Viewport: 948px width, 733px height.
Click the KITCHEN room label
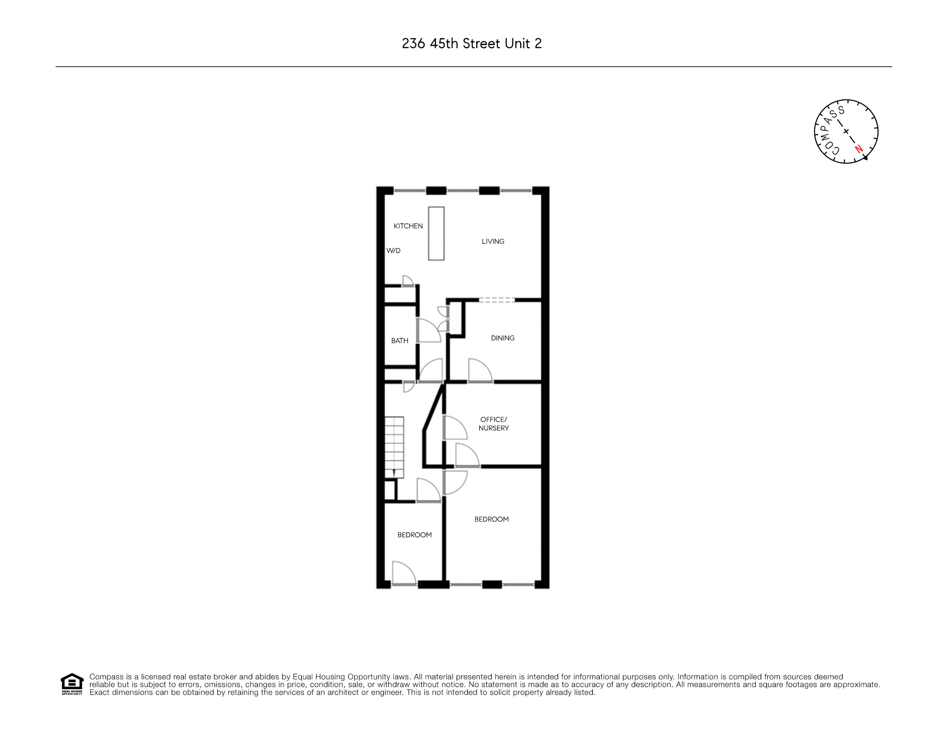click(408, 226)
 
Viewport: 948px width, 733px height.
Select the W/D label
click(393, 251)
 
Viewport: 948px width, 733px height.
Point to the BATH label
click(399, 341)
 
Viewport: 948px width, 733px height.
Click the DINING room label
click(503, 338)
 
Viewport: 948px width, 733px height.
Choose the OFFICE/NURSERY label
click(494, 424)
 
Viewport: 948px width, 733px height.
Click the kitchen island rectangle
click(436, 233)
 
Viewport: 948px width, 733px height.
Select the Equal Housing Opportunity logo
click(72, 684)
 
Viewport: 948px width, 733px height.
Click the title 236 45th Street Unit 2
click(472, 44)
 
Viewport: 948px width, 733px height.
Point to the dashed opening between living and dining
click(497, 299)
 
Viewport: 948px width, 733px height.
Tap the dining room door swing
click(479, 370)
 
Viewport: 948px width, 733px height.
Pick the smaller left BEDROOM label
click(414, 535)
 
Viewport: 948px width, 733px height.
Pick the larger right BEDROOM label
click(491, 519)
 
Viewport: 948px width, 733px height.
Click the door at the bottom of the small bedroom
click(403, 573)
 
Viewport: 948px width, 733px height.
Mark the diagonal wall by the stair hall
click(434, 408)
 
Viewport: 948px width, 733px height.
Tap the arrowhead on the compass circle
click(865, 158)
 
